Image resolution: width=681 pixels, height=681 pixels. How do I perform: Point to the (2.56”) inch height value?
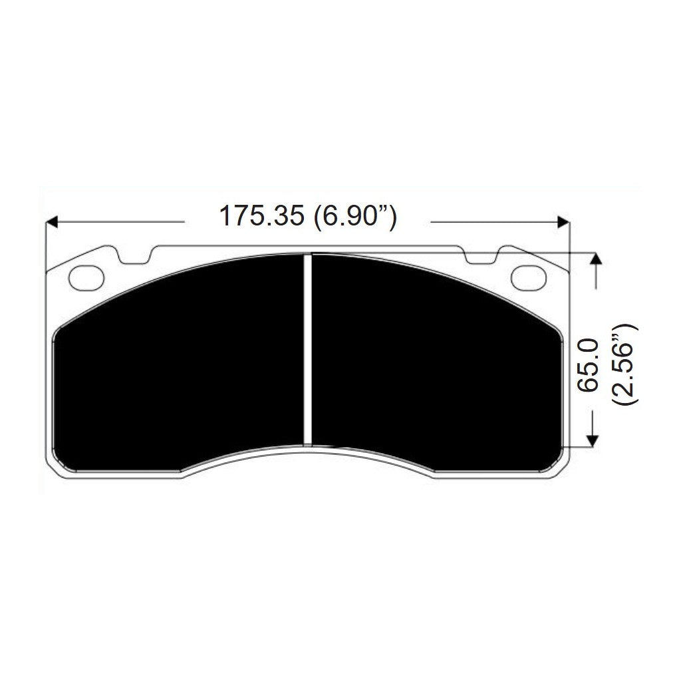pyautogui.click(x=626, y=364)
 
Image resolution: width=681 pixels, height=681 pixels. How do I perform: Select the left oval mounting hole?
pyautogui.click(x=87, y=277)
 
